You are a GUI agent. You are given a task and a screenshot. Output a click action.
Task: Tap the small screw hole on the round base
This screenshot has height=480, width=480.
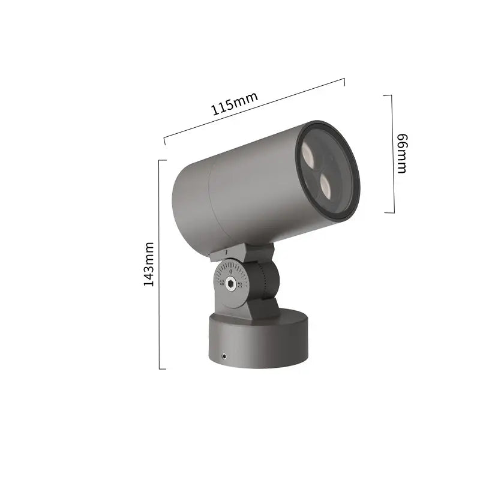tap(224, 355)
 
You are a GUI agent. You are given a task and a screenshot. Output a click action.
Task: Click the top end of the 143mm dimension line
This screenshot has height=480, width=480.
tap(159, 160)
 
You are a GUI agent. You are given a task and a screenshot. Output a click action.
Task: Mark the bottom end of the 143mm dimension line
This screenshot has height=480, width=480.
tap(159, 368)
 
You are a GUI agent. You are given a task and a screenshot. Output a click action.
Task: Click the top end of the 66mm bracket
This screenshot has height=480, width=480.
tap(393, 95)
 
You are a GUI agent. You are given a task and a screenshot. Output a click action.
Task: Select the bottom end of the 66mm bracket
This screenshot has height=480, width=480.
tap(393, 212)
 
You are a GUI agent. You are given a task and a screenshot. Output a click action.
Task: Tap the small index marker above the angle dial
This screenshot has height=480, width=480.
tap(226, 253)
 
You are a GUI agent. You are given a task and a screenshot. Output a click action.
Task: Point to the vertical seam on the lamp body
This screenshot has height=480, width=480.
tap(209, 204)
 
